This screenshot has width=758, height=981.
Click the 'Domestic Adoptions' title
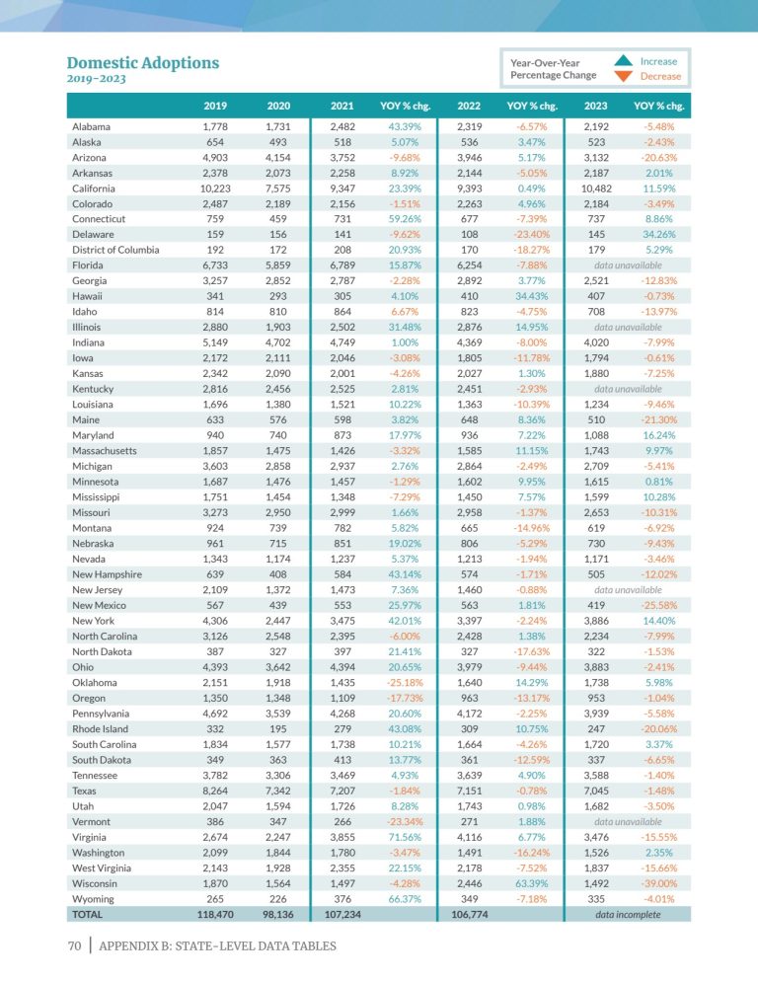142,63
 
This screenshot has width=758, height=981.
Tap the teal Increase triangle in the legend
622,60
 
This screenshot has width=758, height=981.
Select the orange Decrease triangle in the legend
622,75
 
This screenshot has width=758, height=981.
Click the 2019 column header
215,106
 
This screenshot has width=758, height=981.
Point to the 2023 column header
596,106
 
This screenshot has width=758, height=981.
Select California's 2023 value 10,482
596,189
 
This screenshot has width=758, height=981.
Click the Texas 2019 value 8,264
215,791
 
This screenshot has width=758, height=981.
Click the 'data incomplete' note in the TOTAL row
628,915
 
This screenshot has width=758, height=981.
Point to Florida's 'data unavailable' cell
628,265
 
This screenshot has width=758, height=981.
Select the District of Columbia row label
115,251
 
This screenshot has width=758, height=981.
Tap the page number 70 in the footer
74,946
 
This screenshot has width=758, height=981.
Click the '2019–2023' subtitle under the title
96,79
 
